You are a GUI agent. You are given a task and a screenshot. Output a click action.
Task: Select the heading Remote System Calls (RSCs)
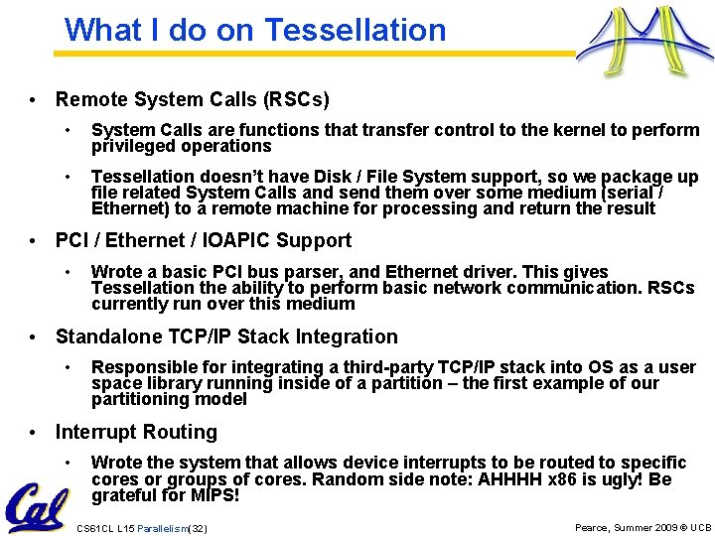click(x=193, y=99)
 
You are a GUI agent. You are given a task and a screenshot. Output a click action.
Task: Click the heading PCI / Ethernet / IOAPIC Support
click(x=204, y=240)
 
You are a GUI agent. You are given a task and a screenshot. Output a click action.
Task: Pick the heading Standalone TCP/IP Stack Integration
click(x=226, y=336)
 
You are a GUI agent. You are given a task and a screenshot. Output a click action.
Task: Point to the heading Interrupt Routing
click(x=136, y=432)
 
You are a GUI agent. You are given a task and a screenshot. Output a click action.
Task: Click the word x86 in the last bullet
click(x=568, y=478)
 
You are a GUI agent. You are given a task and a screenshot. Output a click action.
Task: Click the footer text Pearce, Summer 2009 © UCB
click(x=643, y=528)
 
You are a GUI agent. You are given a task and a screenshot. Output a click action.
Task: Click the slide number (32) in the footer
click(x=198, y=529)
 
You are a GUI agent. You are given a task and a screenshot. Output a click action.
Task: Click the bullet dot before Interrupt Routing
click(x=34, y=433)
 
